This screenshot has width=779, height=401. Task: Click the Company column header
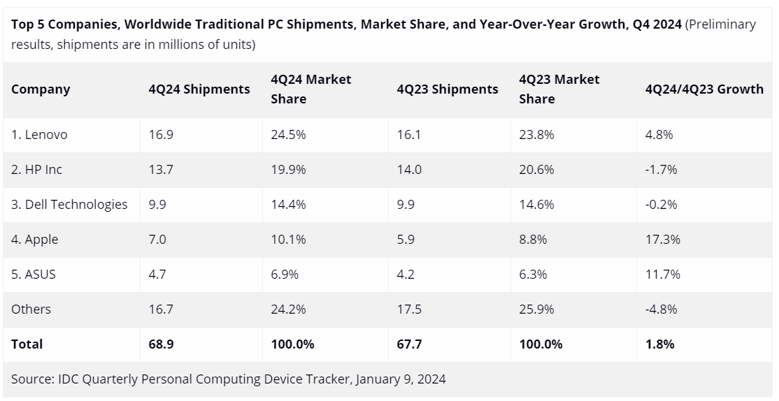pyautogui.click(x=41, y=89)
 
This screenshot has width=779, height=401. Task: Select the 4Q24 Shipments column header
pyautogui.click(x=199, y=89)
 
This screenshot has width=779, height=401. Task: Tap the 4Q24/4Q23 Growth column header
pyautogui.click(x=704, y=89)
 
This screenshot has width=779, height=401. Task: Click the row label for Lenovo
pyautogui.click(x=39, y=135)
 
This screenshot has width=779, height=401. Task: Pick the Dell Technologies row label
pyautogui.click(x=69, y=205)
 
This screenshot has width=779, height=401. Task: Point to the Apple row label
pyautogui.click(x=34, y=240)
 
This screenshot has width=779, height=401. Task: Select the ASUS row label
pyautogui.click(x=34, y=275)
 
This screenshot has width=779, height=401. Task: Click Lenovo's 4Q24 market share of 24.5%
pyautogui.click(x=288, y=135)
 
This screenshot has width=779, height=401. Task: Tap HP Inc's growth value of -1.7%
pyautogui.click(x=661, y=170)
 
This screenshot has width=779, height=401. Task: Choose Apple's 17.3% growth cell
pyautogui.click(x=662, y=240)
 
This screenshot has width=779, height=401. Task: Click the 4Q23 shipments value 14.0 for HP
pyautogui.click(x=408, y=170)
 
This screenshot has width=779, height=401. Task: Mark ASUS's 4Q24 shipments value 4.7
pyautogui.click(x=157, y=275)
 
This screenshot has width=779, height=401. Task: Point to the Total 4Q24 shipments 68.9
pyautogui.click(x=161, y=344)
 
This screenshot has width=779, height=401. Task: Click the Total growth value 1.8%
pyautogui.click(x=659, y=344)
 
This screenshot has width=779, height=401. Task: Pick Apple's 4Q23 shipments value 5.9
pyautogui.click(x=406, y=240)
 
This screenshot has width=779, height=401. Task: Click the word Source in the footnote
pyautogui.click(x=31, y=379)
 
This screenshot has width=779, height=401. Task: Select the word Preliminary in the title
pyautogui.click(x=720, y=24)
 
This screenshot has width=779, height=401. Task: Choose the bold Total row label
pyautogui.click(x=27, y=344)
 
